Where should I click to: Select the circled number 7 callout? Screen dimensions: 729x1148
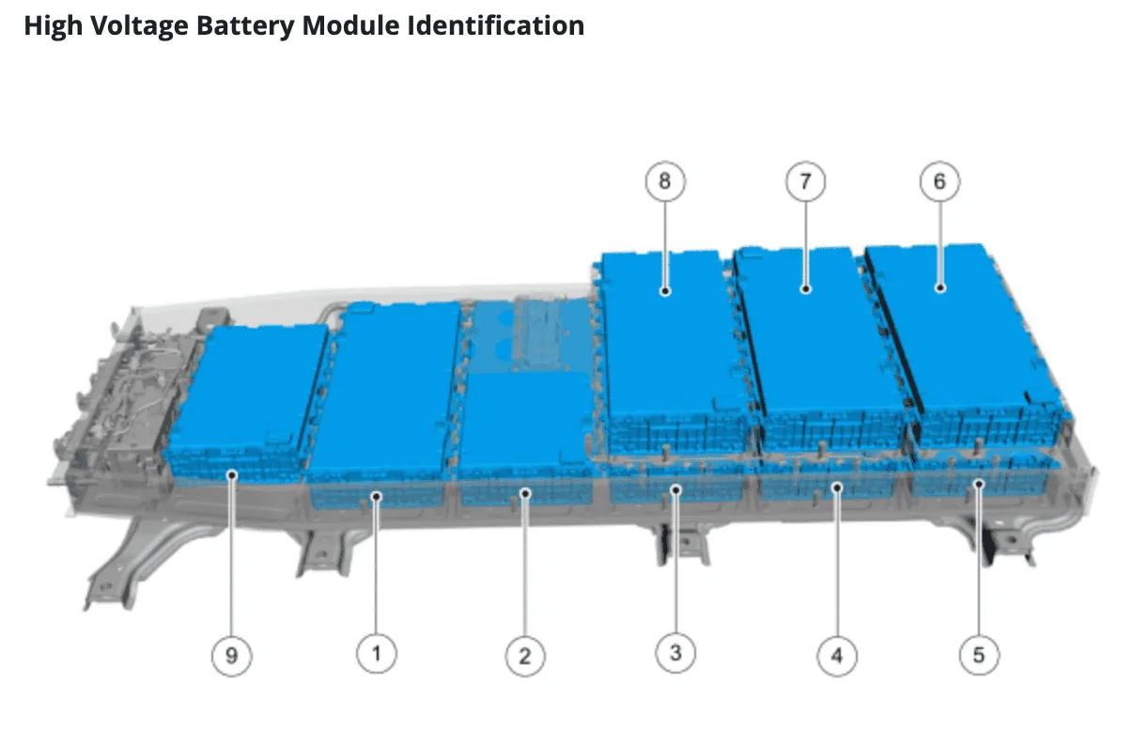click(x=805, y=181)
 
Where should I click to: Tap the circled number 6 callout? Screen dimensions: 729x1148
click(x=939, y=181)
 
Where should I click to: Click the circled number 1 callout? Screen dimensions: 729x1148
click(x=377, y=653)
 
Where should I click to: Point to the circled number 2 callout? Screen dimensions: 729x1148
click(x=524, y=656)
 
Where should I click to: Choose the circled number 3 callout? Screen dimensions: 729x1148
click(x=675, y=653)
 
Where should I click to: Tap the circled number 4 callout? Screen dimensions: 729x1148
click(x=836, y=656)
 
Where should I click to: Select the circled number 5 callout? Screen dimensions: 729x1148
click(x=979, y=655)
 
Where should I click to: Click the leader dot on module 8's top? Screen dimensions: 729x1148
click(x=665, y=291)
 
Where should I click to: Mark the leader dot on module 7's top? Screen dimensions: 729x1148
click(x=805, y=289)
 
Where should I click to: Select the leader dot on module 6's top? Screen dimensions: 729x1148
click(x=939, y=289)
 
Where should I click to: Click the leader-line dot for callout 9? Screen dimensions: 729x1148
click(x=231, y=476)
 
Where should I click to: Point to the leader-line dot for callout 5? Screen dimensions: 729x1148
click(x=979, y=484)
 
